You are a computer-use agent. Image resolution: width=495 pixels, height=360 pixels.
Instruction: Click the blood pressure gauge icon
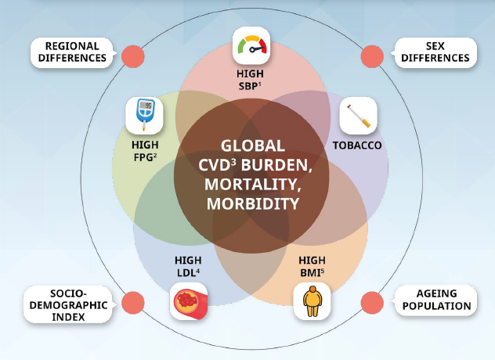(251, 46)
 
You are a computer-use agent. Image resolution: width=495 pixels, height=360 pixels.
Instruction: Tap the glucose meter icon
(145, 116)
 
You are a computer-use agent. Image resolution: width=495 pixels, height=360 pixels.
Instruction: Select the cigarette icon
(358, 116)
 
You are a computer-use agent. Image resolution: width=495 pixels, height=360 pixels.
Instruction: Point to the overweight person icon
(313, 301)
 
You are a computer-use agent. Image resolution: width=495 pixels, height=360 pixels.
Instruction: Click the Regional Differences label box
(70, 52)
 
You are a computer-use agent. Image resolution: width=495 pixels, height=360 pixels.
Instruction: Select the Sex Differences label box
(433, 52)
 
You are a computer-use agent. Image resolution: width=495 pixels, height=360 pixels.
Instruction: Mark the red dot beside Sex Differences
(370, 57)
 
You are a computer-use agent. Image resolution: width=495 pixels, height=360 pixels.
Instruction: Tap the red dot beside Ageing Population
(370, 302)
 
